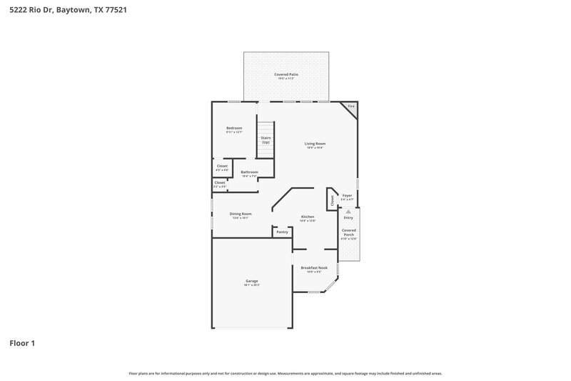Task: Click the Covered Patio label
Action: [286, 74]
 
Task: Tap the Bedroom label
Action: [234, 128]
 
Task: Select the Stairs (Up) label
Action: [266, 140]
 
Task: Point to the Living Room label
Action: [315, 144]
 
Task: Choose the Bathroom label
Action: [249, 172]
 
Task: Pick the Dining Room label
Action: [240, 214]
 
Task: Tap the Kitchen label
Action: [308, 217]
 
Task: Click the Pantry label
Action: [282, 232]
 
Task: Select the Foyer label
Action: [348, 195]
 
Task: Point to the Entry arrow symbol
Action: [348, 212]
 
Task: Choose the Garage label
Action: [252, 281]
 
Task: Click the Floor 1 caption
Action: [22, 344]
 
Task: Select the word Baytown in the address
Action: [74, 11]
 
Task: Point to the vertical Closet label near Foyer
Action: [332, 201]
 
